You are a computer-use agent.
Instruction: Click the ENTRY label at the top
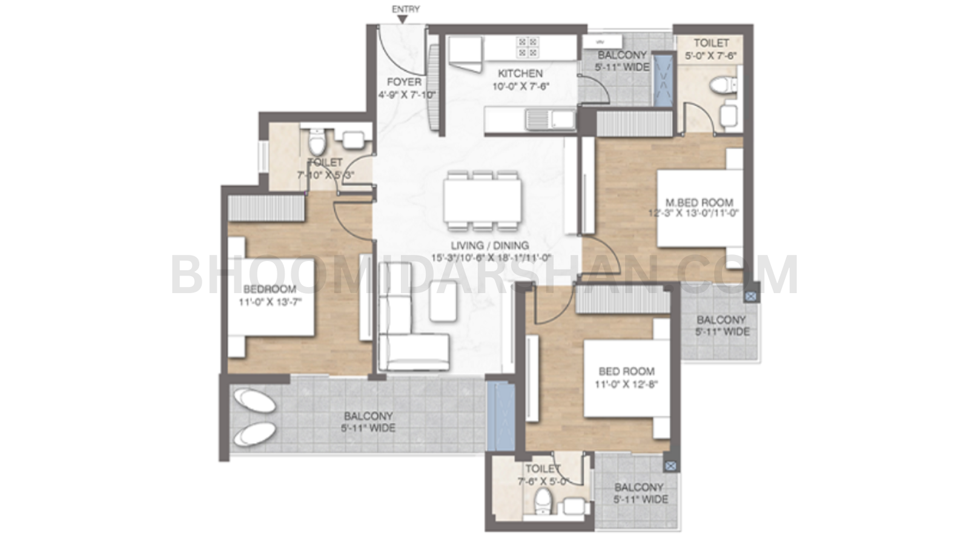coord(405,9)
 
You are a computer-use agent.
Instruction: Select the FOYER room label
coord(404,82)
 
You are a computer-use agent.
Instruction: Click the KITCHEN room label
coord(520,73)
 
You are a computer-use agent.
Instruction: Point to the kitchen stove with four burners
coord(526,47)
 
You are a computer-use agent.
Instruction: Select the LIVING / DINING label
coord(489,245)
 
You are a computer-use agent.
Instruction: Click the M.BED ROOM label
coord(699,202)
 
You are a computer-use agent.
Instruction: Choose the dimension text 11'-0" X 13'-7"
coord(270,302)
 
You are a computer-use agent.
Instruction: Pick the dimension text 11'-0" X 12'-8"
coord(626,384)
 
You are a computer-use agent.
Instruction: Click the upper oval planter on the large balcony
coord(254,401)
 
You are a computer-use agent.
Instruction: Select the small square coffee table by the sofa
coord(443,300)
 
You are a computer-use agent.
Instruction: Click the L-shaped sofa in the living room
coord(406,339)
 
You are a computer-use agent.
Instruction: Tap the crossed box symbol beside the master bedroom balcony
coord(750,296)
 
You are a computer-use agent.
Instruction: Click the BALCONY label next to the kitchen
coord(623,55)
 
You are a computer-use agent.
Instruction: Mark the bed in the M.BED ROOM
coord(699,208)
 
